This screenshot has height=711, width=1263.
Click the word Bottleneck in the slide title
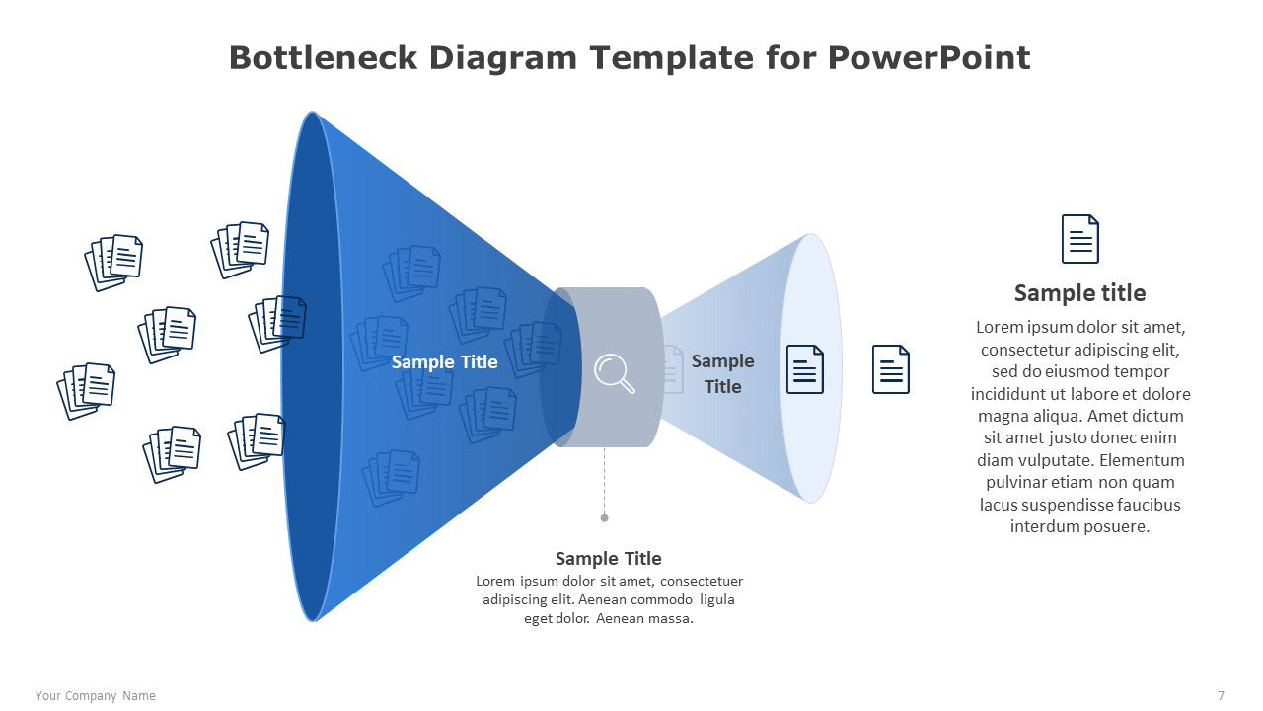[323, 58]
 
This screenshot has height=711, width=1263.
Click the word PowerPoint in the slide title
[929, 58]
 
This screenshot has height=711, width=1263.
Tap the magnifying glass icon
[614, 373]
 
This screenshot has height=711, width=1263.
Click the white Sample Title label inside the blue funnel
[444, 361]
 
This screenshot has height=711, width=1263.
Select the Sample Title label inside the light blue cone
[723, 373]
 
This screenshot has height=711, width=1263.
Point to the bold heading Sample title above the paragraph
[1079, 293]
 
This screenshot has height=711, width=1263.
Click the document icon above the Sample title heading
[1079, 239]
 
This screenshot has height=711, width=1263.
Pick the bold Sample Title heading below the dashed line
[609, 559]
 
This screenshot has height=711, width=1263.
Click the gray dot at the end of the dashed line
[605, 518]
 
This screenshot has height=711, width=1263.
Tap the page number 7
[1221, 696]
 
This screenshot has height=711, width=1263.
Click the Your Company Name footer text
[96, 696]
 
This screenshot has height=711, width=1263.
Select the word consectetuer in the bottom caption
[702, 581]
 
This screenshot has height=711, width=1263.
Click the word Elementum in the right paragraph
[1142, 460]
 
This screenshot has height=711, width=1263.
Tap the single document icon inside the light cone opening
[804, 369]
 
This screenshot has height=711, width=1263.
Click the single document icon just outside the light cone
[890, 369]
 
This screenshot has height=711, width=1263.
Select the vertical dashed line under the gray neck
[605, 481]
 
